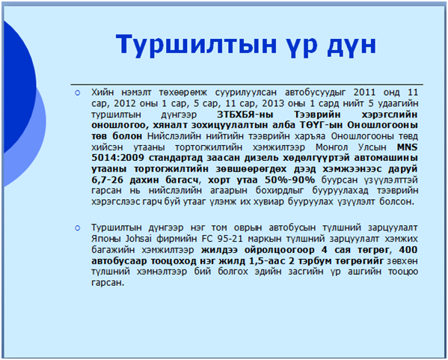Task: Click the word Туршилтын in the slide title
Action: pyautogui.click(x=196, y=45)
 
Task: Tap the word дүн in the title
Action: pyautogui.click(x=352, y=45)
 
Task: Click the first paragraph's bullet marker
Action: pyautogui.click(x=78, y=93)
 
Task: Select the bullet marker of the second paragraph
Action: pyautogui.click(x=78, y=228)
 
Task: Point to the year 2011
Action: pyautogui.click(x=364, y=92)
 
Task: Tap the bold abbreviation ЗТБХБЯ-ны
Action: pyautogui.click(x=245, y=115)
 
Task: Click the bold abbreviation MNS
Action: pyautogui.click(x=407, y=147)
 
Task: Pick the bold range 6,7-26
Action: pyautogui.click(x=107, y=180)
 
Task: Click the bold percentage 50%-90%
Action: pyautogui.click(x=289, y=180)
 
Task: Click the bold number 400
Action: pyautogui.click(x=408, y=250)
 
